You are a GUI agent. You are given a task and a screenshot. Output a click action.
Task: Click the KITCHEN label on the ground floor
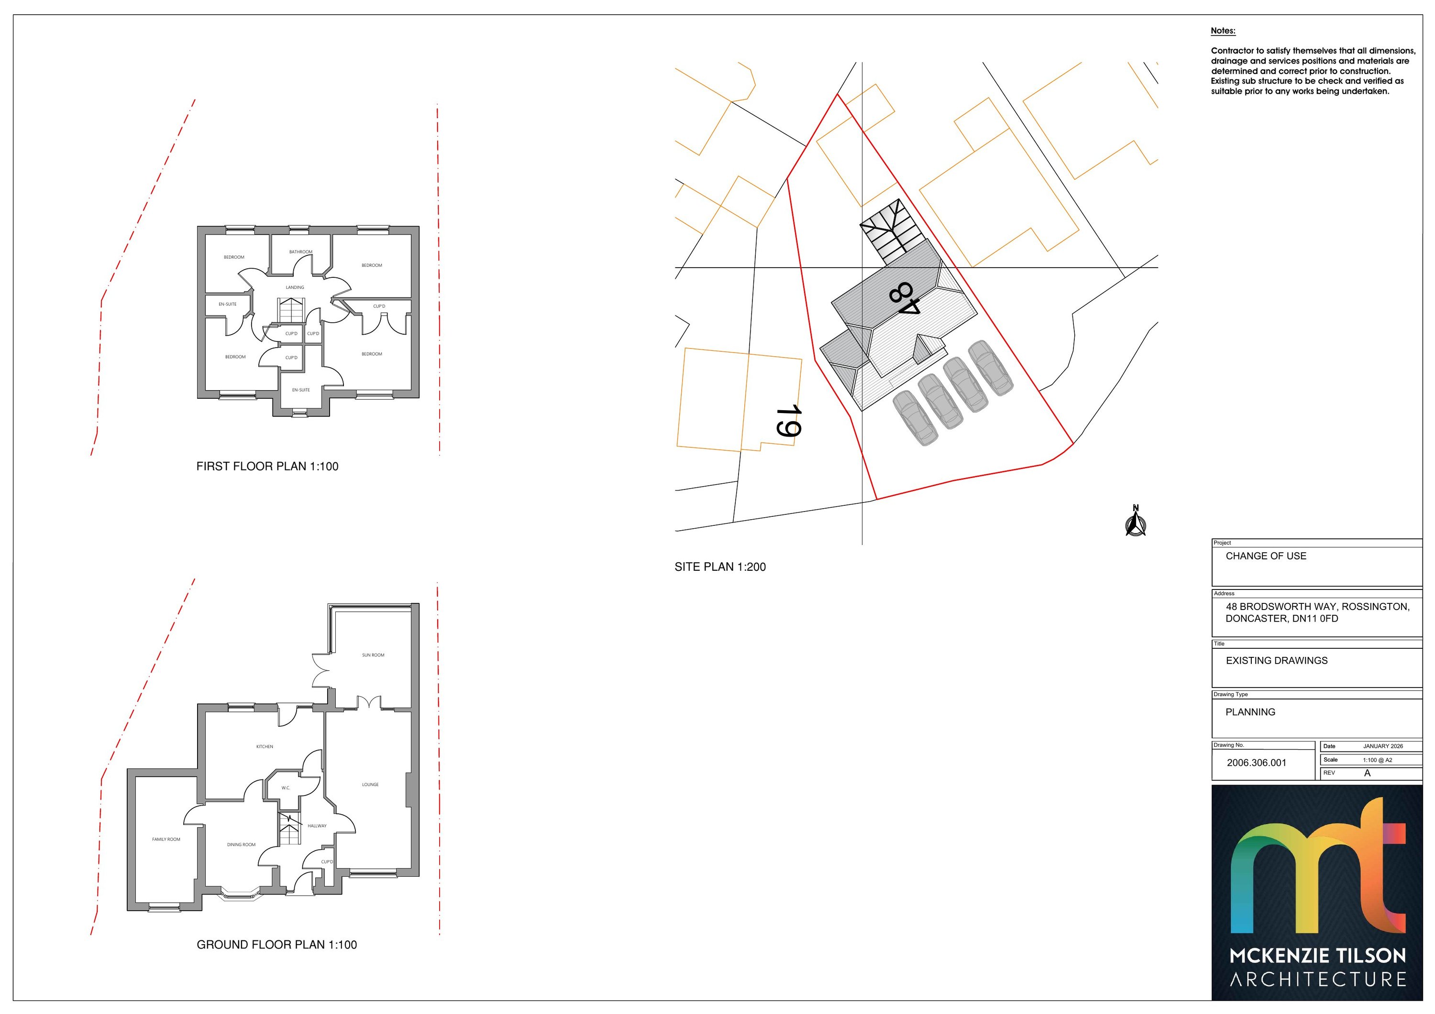click(265, 747)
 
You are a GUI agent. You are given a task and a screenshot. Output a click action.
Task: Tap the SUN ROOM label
click(373, 655)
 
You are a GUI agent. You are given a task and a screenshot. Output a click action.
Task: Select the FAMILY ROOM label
click(166, 840)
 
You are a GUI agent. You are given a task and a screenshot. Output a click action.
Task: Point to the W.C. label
click(286, 788)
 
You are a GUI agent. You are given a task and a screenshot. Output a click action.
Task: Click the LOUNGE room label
click(370, 785)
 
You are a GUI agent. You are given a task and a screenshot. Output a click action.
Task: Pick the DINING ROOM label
click(241, 845)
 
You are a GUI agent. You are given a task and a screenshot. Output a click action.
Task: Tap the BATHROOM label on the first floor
click(300, 252)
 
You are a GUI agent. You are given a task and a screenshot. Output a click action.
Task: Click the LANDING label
click(295, 287)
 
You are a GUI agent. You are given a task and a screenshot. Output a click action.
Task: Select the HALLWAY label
click(317, 826)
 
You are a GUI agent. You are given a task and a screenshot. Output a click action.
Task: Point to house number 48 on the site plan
click(905, 299)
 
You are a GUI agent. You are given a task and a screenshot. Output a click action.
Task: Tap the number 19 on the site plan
click(789, 421)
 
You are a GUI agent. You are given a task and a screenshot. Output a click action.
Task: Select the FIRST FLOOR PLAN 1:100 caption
click(267, 466)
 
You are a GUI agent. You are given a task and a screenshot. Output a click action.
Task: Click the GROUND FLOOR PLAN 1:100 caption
click(277, 945)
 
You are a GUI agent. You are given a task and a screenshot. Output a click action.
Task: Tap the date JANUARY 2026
click(1383, 746)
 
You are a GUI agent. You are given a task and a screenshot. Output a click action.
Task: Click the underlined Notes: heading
click(1223, 31)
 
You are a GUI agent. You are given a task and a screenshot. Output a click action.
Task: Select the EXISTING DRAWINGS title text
click(1277, 660)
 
